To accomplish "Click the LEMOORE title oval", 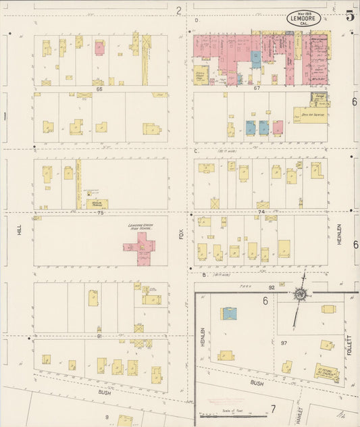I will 303,19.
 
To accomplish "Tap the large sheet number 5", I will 350,16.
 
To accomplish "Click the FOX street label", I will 181,234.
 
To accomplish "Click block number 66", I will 99,89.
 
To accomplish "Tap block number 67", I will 257,89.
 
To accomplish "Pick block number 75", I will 100,213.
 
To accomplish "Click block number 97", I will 284,343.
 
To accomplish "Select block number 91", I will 99,336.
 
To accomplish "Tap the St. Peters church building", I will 326,372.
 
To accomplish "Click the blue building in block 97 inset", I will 229,313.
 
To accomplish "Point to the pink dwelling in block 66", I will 100,48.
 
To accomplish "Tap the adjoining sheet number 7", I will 273,409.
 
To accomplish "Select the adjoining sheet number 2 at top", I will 178,10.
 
